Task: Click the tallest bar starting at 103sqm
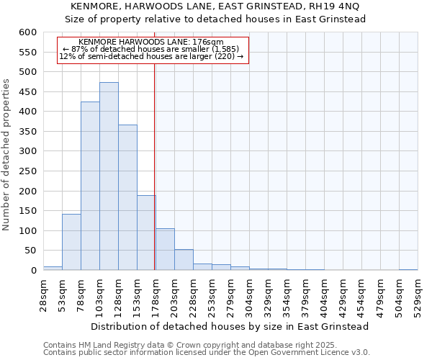point(109,176)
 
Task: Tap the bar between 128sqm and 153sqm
point(127,197)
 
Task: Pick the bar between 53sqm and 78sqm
point(71,242)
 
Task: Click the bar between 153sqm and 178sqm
point(146,233)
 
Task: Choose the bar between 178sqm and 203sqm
point(165,249)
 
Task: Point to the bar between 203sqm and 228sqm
point(184,260)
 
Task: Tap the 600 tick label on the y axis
point(27,32)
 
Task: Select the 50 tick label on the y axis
point(30,251)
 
